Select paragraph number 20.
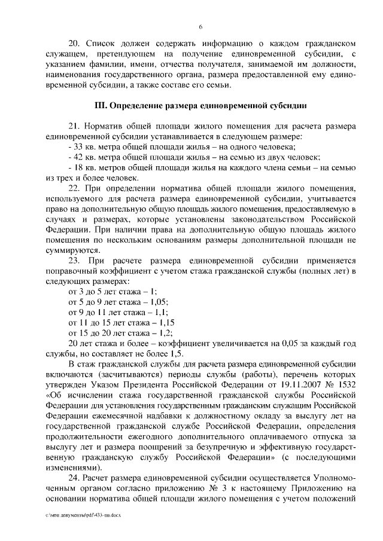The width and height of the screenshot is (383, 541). pyautogui.click(x=75, y=44)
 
